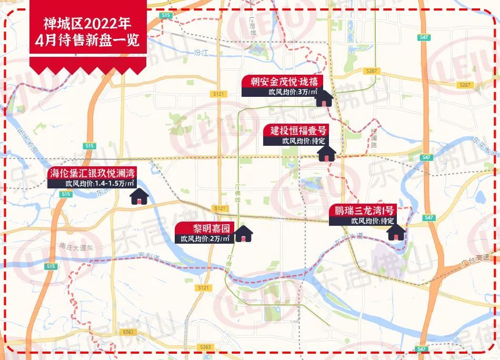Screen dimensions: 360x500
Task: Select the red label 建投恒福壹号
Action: coord(298,130)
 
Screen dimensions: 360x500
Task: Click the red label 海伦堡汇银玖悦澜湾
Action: coord(92,173)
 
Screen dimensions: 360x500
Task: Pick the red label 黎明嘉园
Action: coord(204,228)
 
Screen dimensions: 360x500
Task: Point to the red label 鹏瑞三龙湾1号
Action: coord(363,211)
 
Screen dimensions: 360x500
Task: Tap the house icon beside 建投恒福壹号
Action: coord(326,154)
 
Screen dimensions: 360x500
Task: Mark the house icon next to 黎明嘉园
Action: coord(243,234)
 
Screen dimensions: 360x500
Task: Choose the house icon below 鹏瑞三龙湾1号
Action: coord(396,232)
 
